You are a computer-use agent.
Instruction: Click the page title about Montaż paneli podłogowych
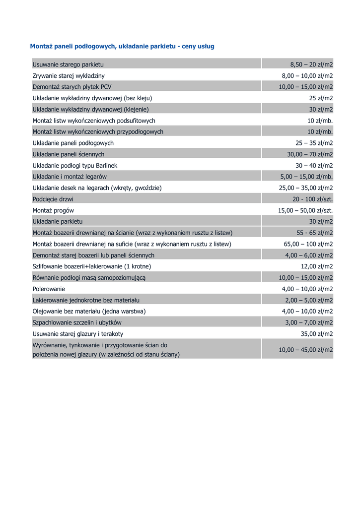[122, 46]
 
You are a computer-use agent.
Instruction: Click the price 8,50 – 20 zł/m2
[311, 64]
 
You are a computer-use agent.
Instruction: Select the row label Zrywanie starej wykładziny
[69, 76]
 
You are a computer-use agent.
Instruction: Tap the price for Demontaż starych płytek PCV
[305, 87]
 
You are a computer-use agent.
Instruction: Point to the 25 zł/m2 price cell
[321, 98]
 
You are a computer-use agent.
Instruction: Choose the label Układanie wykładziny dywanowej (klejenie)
[90, 109]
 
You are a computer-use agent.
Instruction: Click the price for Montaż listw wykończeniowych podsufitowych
[320, 121]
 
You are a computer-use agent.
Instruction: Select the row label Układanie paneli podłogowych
[73, 143]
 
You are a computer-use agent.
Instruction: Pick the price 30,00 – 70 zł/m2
[310, 154]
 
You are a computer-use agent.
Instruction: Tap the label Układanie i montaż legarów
[70, 177]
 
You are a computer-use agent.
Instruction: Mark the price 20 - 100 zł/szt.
[312, 199]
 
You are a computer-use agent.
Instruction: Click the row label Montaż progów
[53, 210]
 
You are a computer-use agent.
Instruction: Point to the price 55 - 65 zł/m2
[314, 233]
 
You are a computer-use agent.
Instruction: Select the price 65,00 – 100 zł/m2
[308, 244]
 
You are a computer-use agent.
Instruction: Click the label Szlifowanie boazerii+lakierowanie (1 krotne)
[92, 266]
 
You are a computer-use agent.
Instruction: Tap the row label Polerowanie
[49, 289]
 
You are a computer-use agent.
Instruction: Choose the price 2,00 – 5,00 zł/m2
[309, 300]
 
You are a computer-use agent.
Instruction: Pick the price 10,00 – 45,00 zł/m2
[305, 350]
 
